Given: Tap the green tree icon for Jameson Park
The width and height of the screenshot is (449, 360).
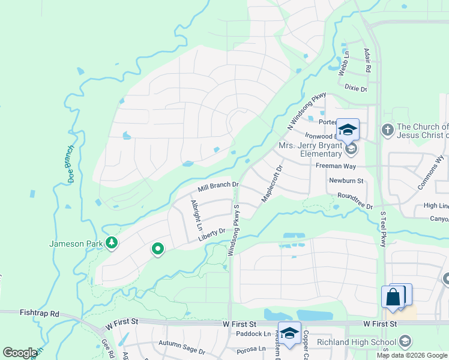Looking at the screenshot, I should pyautogui.click(x=111, y=242).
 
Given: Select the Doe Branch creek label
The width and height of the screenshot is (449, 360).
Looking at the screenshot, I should pyautogui.click(x=70, y=164).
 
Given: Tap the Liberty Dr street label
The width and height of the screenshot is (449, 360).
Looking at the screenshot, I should pyautogui.click(x=211, y=235).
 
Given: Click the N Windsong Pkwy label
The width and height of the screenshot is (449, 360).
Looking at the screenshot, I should pyautogui.click(x=306, y=111).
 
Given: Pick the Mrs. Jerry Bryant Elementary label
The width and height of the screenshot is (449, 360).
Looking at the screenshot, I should pyautogui.click(x=309, y=149).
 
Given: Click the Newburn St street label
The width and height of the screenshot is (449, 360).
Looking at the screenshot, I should pyautogui.click(x=346, y=180).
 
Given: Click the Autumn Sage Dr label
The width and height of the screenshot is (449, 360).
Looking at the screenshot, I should pyautogui.click(x=182, y=344).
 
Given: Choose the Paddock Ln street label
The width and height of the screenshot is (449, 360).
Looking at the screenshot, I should pyautogui.click(x=253, y=334).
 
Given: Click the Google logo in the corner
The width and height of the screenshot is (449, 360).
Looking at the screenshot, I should pyautogui.click(x=20, y=353).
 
